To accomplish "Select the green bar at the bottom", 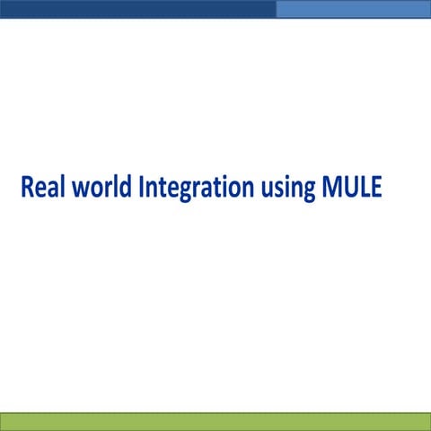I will click(x=215, y=421).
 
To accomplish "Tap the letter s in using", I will click(x=276, y=190).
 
